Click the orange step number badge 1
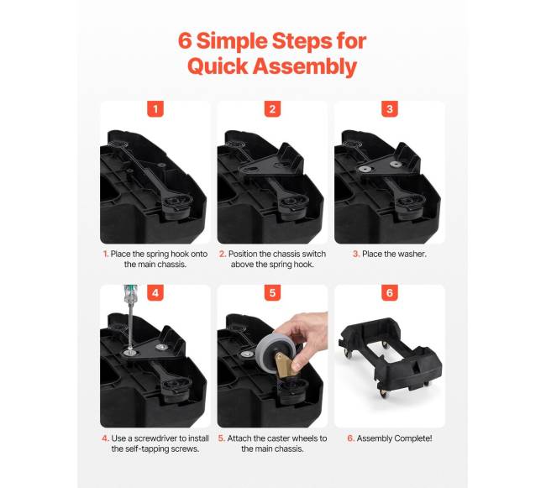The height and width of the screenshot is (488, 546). (x=155, y=109)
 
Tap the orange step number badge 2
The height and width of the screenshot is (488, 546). (x=272, y=109)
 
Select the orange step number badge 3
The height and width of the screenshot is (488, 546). (x=390, y=109)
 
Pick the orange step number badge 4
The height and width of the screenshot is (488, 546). (x=155, y=293)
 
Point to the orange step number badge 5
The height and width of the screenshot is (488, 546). (x=272, y=293)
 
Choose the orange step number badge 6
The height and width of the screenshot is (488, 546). (x=390, y=293)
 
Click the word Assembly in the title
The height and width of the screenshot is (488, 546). (x=305, y=66)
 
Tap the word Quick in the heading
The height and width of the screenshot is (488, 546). (x=218, y=66)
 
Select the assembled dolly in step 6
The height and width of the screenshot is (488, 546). (x=390, y=359)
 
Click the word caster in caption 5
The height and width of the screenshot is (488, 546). (x=275, y=438)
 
